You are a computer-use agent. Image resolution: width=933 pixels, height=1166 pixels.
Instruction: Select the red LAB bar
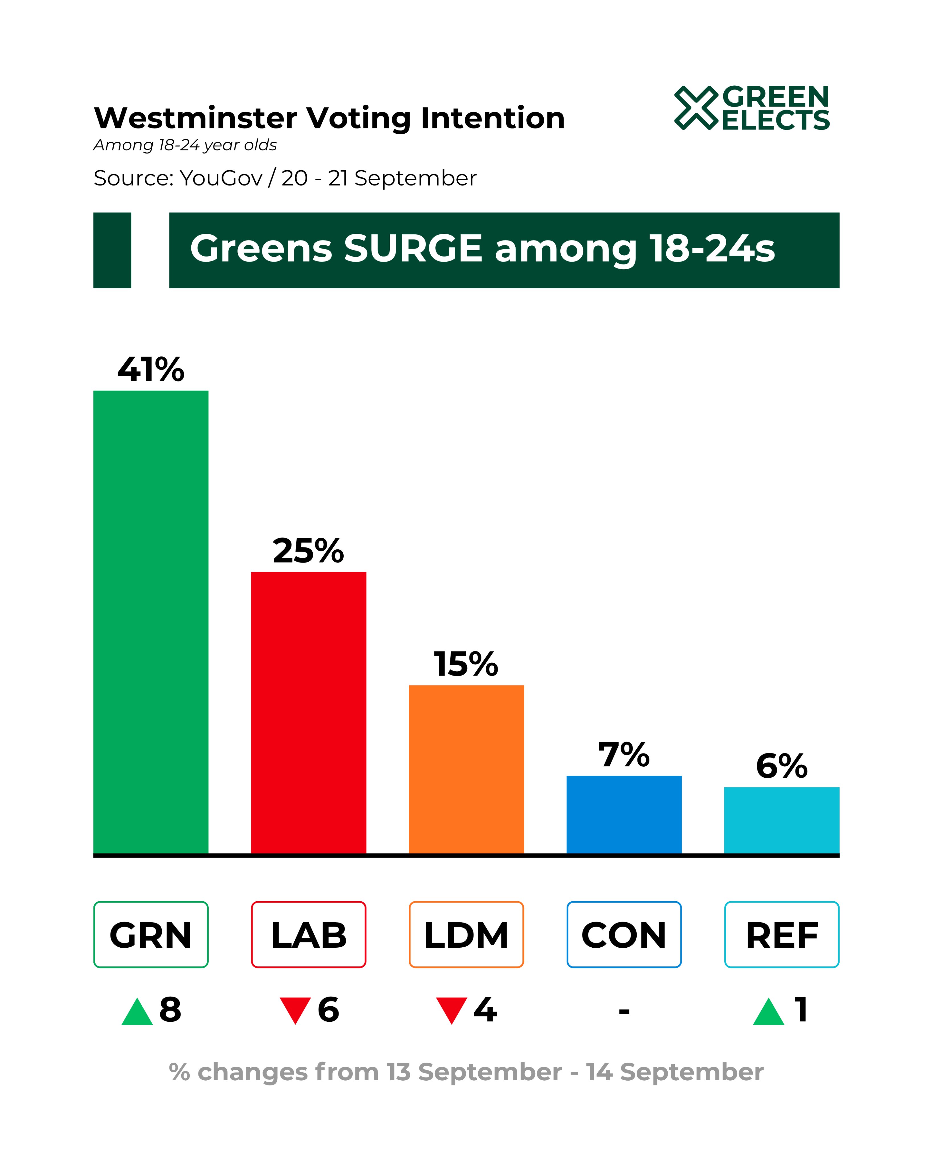(x=309, y=712)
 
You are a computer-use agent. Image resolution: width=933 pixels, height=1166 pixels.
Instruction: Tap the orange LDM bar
(x=466, y=769)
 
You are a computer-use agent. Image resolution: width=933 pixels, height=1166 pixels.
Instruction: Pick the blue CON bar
(x=624, y=814)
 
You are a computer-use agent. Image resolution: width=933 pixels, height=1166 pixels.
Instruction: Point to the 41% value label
(x=151, y=370)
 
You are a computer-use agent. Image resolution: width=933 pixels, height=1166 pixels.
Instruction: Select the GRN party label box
(x=151, y=935)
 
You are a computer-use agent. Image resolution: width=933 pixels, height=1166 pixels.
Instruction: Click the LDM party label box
(x=466, y=935)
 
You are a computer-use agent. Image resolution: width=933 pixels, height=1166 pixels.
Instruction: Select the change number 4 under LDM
(x=485, y=1009)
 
